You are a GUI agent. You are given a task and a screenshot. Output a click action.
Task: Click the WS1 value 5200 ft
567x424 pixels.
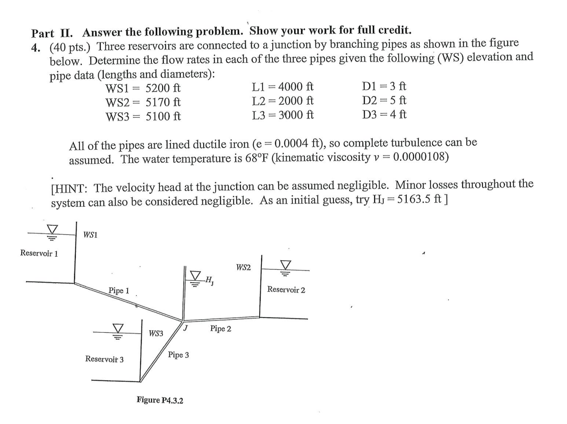click(163, 88)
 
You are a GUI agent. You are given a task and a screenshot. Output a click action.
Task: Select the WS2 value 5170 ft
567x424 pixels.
click(163, 102)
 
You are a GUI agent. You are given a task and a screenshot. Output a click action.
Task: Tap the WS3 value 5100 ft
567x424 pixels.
click(163, 117)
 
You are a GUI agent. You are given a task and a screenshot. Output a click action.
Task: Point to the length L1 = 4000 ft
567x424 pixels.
click(283, 87)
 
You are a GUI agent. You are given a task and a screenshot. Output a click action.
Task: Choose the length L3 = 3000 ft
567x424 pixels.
click(283, 115)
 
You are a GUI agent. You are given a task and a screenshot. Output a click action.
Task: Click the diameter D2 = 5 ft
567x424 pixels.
click(384, 100)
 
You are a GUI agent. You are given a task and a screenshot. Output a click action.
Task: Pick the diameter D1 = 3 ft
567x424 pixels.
click(384, 86)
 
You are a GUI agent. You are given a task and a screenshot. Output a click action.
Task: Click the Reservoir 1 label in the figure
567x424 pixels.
click(39, 253)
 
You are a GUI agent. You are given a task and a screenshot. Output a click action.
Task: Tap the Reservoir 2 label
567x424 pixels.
click(286, 290)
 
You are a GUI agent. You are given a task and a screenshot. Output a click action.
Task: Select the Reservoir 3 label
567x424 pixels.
click(104, 359)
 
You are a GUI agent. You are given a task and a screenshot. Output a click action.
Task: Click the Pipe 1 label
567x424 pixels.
click(119, 290)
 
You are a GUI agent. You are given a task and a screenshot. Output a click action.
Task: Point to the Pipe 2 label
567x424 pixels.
click(220, 329)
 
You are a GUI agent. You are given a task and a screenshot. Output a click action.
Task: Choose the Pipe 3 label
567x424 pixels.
click(178, 355)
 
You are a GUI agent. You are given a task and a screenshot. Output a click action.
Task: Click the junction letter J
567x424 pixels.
click(186, 328)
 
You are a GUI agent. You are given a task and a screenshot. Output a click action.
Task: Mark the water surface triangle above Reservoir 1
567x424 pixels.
click(53, 229)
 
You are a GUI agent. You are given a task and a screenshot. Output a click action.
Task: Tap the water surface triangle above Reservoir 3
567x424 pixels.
click(117, 329)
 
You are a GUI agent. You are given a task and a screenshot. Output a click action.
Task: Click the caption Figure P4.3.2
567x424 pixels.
click(160, 400)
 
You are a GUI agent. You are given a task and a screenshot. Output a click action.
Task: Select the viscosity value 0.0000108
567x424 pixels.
click(420, 157)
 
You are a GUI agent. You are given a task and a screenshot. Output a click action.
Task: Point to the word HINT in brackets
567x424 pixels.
click(71, 188)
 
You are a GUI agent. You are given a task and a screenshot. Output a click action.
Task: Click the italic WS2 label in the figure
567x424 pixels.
click(243, 267)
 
